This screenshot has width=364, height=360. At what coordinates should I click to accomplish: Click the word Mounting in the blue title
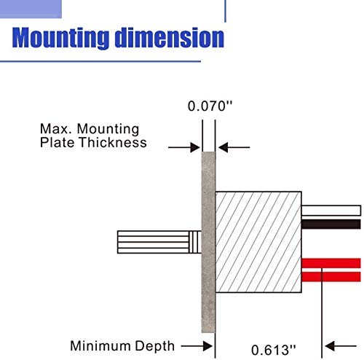click(x=60, y=38)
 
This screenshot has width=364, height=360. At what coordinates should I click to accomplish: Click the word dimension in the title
click(x=170, y=37)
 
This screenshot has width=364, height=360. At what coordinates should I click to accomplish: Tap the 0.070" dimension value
click(x=210, y=106)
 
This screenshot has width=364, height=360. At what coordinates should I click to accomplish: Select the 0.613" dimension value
click(x=274, y=350)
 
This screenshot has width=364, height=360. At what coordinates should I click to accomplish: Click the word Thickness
click(x=113, y=142)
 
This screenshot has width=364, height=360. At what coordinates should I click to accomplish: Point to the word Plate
click(x=57, y=142)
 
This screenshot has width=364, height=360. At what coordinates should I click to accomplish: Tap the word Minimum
click(x=100, y=345)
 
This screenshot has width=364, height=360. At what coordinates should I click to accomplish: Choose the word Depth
click(x=155, y=346)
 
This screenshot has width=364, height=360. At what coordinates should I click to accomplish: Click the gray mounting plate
click(x=208, y=242)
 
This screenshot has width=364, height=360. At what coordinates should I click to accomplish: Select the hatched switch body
click(x=258, y=242)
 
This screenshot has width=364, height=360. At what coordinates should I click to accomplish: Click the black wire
click(x=331, y=224)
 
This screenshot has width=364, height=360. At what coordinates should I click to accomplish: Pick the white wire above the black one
click(x=331, y=211)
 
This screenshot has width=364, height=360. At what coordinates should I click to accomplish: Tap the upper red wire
click(x=331, y=263)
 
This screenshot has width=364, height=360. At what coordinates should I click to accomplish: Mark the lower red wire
click(x=331, y=277)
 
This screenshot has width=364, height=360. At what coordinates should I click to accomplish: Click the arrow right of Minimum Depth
click(x=197, y=346)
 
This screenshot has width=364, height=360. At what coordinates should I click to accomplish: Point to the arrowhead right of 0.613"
click(x=330, y=346)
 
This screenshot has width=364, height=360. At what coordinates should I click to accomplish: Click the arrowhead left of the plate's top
click(x=195, y=147)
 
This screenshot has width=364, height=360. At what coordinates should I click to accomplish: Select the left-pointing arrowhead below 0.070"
click(x=223, y=147)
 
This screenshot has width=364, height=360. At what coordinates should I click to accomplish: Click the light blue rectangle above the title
click(x=31, y=9)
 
